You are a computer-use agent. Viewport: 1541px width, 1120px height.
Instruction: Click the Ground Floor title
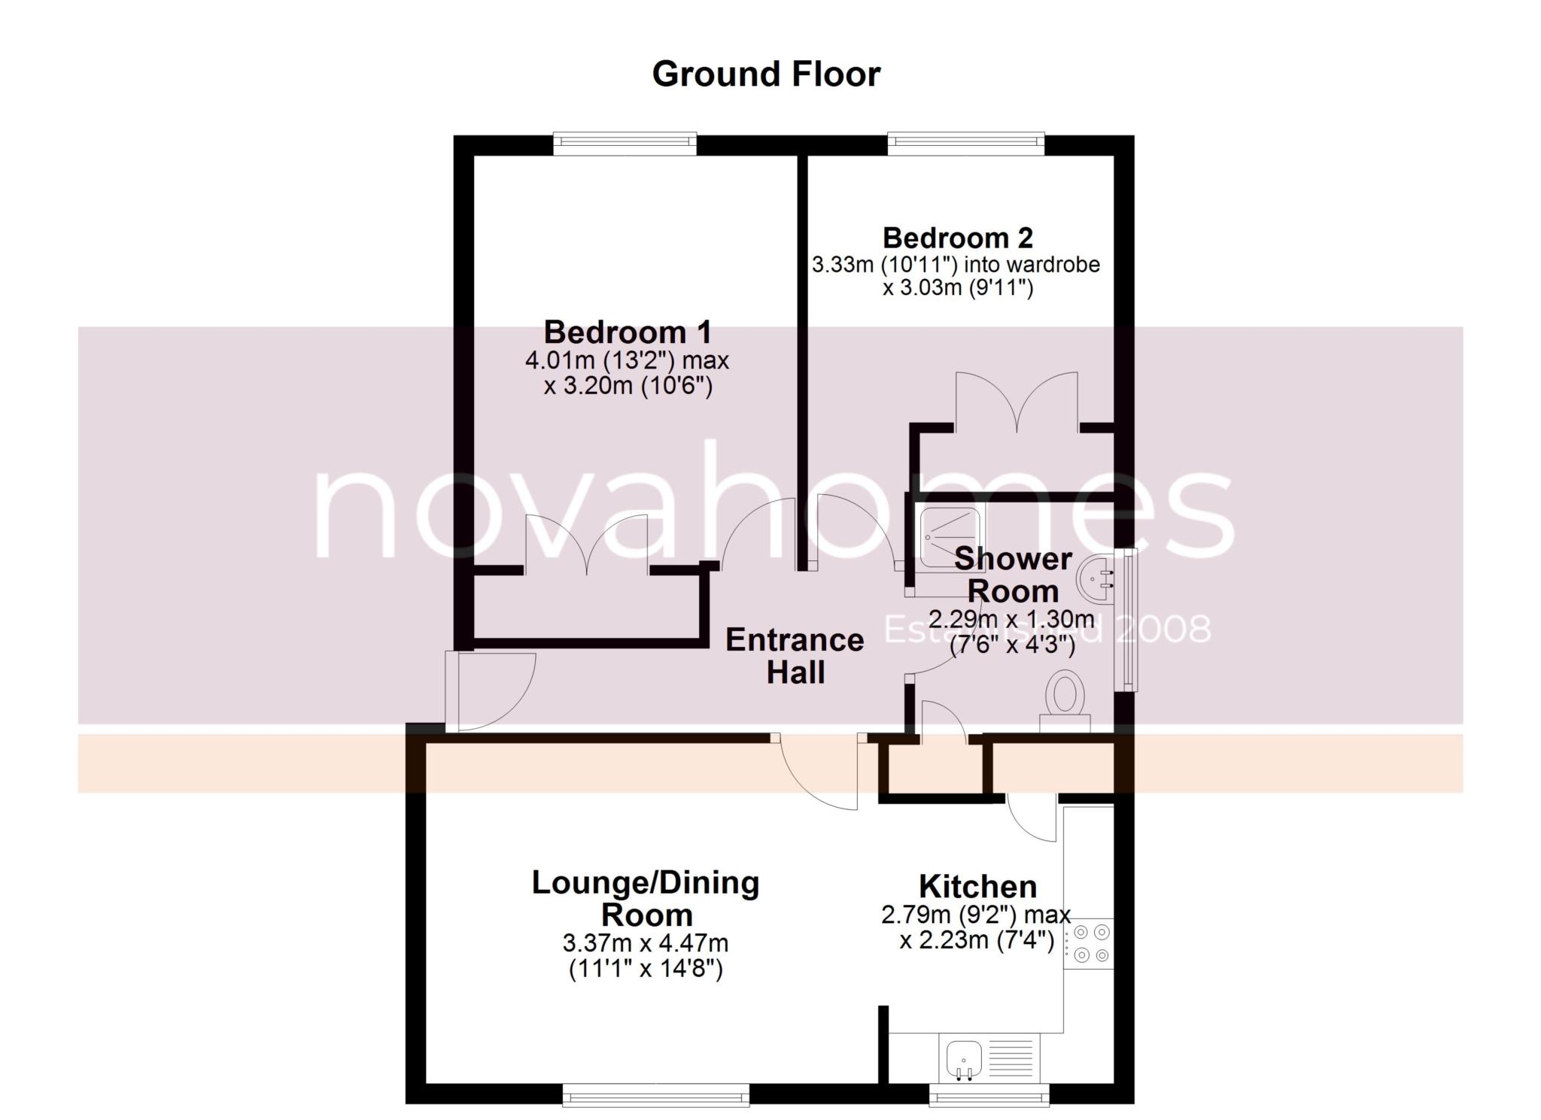[x=765, y=74]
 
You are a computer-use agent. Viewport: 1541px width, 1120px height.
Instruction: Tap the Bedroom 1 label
[x=627, y=332]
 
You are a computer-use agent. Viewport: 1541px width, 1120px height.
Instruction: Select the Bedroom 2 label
[x=957, y=238]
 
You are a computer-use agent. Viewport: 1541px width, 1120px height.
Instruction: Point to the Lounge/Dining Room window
[x=655, y=1094]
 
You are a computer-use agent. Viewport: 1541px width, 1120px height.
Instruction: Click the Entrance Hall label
[x=795, y=656]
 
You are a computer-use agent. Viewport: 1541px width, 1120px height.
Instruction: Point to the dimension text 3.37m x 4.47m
[x=645, y=942]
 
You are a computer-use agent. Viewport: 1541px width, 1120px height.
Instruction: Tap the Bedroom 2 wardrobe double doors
[x=1017, y=406]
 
